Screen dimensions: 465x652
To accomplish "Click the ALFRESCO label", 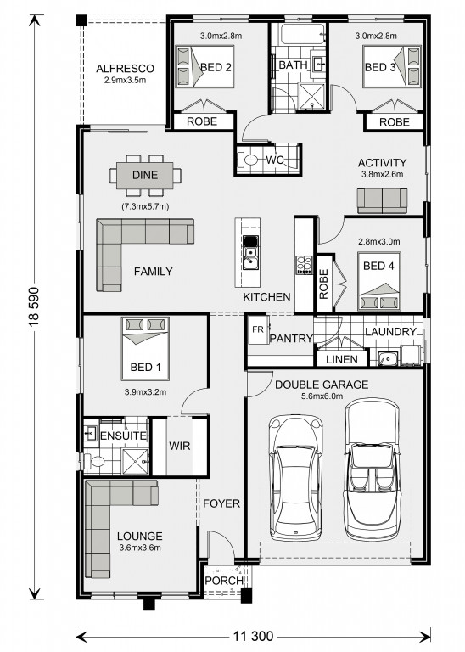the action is (x=125, y=69).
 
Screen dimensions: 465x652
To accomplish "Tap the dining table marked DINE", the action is (x=145, y=175).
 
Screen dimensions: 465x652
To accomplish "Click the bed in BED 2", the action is (x=204, y=66).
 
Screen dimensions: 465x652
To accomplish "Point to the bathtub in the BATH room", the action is (x=303, y=34).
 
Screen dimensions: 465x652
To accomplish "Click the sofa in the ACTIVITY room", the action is (x=383, y=201).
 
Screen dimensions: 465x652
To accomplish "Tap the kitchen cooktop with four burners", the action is (x=304, y=265).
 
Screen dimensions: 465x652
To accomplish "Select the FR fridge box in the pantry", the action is (x=258, y=329).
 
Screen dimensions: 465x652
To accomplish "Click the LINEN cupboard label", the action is (x=342, y=359).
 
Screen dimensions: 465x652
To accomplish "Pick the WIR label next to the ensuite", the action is (x=180, y=446).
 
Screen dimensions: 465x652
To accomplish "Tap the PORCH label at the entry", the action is (x=224, y=581).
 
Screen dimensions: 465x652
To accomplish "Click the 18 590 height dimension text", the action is (x=34, y=306).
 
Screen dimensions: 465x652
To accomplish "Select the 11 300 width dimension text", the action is (x=253, y=636).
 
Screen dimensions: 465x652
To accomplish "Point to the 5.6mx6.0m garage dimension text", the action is (x=322, y=396).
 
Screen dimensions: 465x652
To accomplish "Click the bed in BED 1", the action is (x=145, y=348).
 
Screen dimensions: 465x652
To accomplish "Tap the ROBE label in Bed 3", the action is (x=395, y=122).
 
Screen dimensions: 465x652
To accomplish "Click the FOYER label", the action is (x=221, y=503).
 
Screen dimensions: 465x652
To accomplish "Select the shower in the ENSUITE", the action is (x=135, y=461).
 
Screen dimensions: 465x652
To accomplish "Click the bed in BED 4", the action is (x=379, y=281).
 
